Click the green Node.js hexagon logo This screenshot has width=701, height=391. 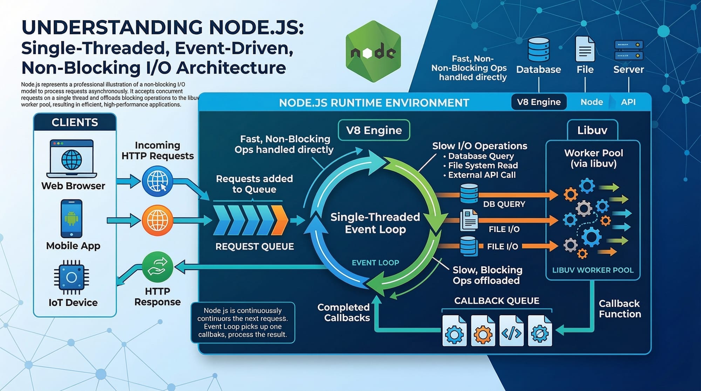click(373, 52)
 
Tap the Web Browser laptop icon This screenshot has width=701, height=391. click(72, 159)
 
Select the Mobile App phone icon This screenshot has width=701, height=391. click(72, 219)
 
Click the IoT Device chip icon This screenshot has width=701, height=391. click(72, 277)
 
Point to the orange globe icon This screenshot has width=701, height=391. click(157, 220)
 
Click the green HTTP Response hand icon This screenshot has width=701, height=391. click(157, 267)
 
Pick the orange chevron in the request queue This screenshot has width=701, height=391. click(280, 220)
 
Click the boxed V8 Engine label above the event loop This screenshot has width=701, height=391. click(374, 130)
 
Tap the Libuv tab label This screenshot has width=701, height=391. click(592, 130)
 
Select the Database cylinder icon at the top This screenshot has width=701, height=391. click(538, 49)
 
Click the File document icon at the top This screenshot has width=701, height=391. click(585, 49)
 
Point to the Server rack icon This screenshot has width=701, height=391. click(628, 50)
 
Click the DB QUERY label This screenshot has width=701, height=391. click(504, 204)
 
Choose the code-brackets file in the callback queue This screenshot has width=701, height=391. click(511, 331)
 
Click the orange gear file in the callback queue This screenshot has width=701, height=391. click(483, 331)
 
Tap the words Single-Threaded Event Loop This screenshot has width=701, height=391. click(375, 223)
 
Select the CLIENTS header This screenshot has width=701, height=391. click(75, 122)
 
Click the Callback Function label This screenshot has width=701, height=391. click(620, 309)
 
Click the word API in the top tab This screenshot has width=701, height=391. click(628, 102)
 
